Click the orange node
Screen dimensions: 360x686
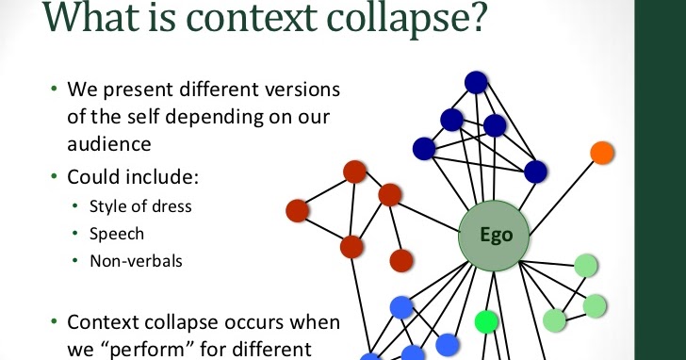tap(601, 152)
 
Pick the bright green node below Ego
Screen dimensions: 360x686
tap(486, 321)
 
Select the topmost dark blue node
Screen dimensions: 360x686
tap(476, 83)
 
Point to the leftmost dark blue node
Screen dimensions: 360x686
tap(424, 148)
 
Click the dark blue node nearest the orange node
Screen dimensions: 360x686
tap(535, 172)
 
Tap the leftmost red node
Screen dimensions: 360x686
tap(298, 209)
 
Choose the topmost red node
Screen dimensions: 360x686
tap(354, 172)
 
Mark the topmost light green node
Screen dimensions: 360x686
tap(587, 266)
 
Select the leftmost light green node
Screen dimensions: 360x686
tap(555, 320)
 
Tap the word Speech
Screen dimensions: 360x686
tap(117, 234)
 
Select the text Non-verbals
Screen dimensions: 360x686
tap(129, 261)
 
